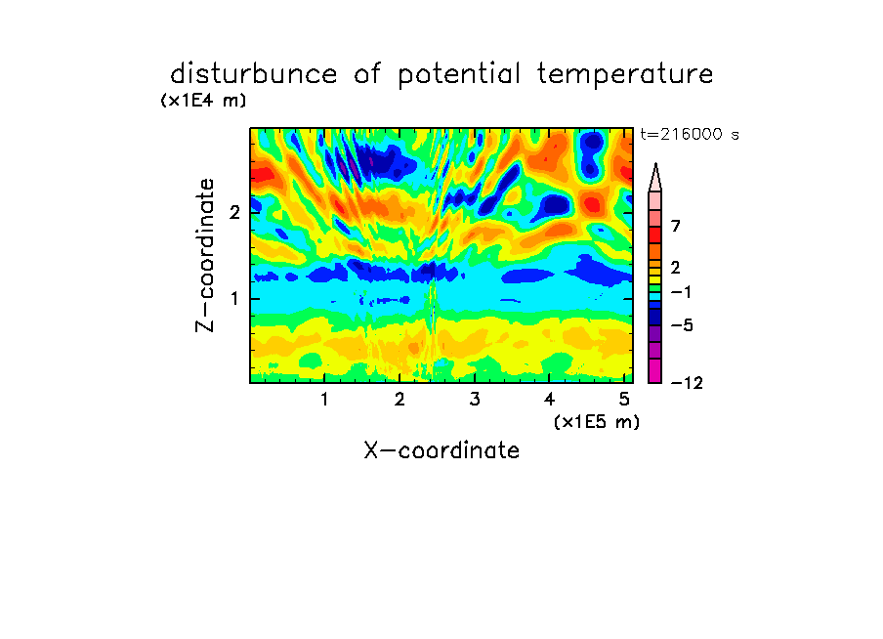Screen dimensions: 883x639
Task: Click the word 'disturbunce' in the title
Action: (x=253, y=74)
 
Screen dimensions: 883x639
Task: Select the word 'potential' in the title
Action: (x=459, y=75)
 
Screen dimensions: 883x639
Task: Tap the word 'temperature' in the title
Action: (x=625, y=75)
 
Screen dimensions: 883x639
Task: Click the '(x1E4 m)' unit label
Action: (x=203, y=101)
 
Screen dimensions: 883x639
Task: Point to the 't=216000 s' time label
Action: (x=690, y=135)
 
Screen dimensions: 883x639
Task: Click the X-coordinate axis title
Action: (x=441, y=450)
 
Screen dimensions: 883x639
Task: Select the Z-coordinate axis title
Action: (x=205, y=255)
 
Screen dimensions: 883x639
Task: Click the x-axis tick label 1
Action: (x=324, y=400)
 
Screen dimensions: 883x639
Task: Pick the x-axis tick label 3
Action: (x=475, y=400)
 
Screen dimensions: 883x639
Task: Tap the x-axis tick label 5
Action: (x=624, y=400)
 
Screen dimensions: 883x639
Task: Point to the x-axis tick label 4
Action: (x=549, y=400)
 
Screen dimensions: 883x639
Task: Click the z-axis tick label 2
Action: (x=234, y=213)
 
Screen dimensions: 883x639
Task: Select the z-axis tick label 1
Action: (x=234, y=299)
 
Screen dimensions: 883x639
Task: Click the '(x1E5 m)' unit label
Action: (x=597, y=422)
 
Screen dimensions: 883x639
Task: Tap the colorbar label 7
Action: (x=676, y=227)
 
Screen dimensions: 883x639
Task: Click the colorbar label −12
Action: (x=687, y=383)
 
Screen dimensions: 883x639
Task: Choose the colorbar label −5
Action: (x=682, y=325)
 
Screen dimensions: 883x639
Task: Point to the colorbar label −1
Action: (x=681, y=292)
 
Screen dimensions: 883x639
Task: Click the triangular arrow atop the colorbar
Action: (x=655, y=177)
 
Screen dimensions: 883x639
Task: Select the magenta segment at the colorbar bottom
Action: (x=655, y=370)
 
